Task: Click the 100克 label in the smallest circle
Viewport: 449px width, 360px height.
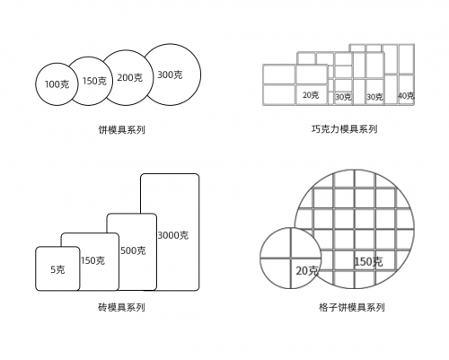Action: (57, 84)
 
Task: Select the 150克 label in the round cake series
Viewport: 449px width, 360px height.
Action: (94, 81)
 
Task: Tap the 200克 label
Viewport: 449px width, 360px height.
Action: (130, 78)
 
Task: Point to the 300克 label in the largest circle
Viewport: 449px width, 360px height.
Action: (170, 75)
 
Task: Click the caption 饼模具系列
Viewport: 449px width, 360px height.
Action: (122, 129)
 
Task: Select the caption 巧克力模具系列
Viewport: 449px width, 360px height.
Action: (344, 129)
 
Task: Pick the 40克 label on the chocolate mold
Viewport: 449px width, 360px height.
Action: (406, 96)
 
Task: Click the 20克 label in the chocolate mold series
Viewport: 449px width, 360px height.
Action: (311, 95)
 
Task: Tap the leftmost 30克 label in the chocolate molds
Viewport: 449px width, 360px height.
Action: (343, 97)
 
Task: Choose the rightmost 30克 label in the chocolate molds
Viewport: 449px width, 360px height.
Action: (374, 97)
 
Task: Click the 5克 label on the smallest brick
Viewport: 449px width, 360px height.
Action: (57, 269)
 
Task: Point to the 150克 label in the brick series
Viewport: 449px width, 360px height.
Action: (92, 260)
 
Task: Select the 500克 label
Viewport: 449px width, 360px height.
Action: (133, 250)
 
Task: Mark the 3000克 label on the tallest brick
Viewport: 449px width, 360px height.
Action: (173, 235)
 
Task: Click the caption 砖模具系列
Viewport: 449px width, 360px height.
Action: (122, 307)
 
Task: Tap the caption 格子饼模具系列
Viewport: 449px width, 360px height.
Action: (352, 307)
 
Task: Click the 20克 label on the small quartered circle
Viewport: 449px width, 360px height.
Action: (307, 271)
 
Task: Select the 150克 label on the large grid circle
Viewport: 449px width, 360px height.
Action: (368, 262)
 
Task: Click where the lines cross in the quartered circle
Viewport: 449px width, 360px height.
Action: (290, 258)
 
